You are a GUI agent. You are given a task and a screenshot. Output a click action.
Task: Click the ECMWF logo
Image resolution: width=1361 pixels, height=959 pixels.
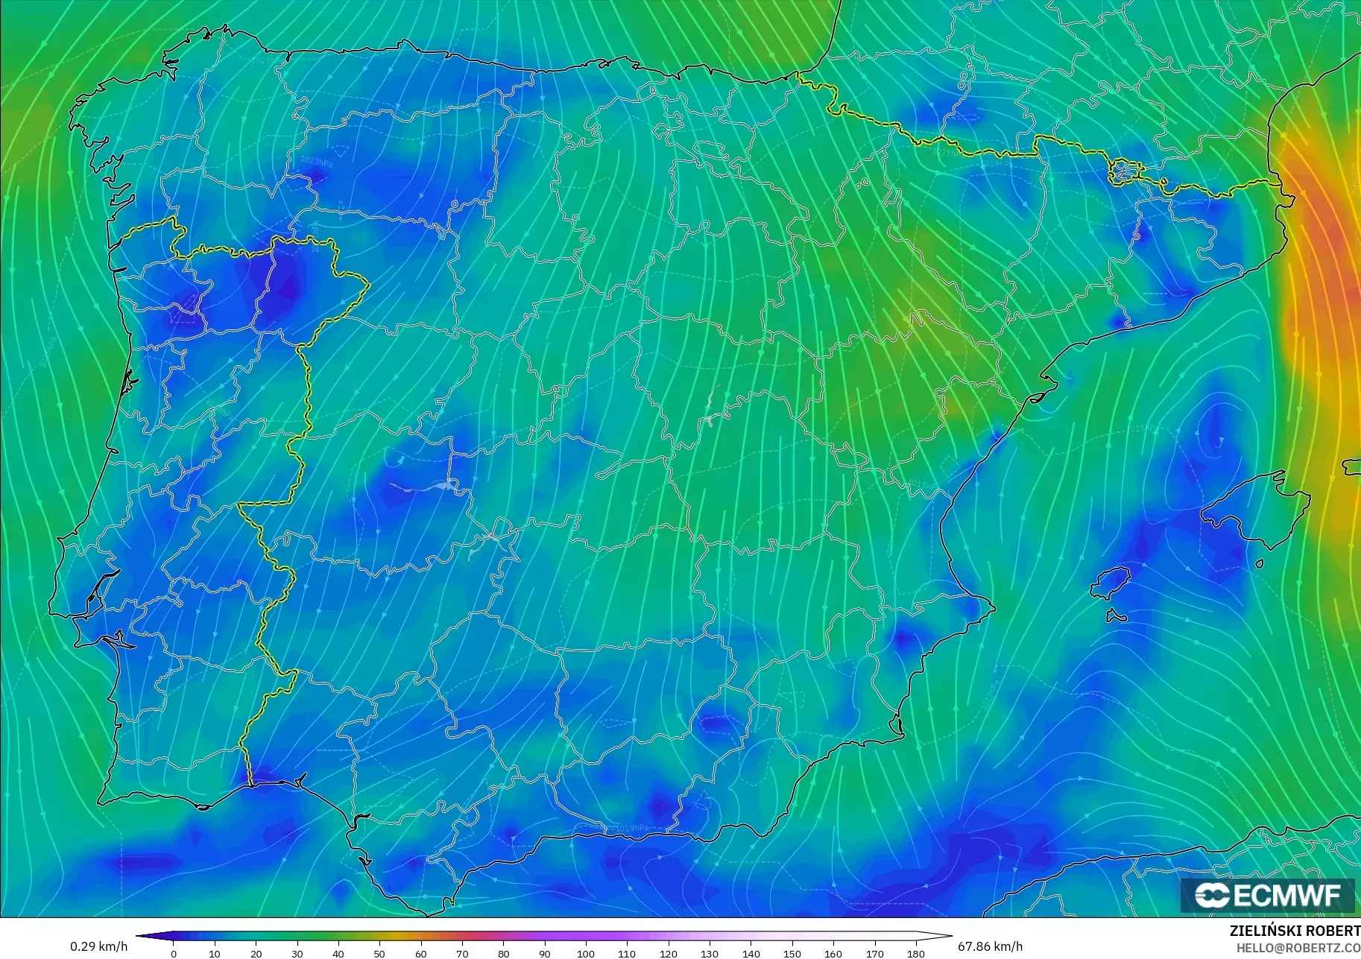click(x=1267, y=895)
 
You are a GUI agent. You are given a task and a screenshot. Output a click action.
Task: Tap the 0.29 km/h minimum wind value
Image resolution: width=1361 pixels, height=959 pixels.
click(x=98, y=946)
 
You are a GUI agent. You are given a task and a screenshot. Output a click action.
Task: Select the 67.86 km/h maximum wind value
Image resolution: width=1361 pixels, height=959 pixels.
click(x=990, y=946)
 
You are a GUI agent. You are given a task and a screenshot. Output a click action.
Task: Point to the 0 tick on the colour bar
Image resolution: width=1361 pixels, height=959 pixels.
click(x=174, y=953)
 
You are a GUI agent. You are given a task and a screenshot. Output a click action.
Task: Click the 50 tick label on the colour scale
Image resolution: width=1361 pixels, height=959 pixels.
click(x=379, y=953)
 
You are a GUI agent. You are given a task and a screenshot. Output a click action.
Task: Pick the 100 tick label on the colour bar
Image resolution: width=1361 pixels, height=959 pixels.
click(x=585, y=953)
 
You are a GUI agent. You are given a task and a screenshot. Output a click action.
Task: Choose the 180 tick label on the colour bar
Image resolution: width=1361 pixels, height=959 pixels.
click(x=915, y=953)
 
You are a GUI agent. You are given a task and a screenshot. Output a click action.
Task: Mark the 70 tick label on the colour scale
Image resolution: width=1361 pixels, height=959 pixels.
click(x=462, y=953)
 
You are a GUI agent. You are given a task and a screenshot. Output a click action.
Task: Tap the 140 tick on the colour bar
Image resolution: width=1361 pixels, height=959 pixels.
click(x=751, y=953)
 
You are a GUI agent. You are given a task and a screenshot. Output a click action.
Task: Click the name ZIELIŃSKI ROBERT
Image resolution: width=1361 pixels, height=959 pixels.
click(x=1295, y=931)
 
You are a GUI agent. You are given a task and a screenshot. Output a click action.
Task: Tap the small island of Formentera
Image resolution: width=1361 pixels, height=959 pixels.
click(x=1116, y=616)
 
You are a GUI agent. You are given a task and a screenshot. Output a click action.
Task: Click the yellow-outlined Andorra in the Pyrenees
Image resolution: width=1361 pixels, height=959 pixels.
click(x=1122, y=171)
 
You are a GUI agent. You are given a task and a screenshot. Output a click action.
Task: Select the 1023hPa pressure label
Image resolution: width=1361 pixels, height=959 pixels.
click(x=317, y=162)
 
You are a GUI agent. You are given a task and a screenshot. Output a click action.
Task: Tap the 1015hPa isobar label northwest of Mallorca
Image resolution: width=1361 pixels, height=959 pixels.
click(x=1143, y=428)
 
